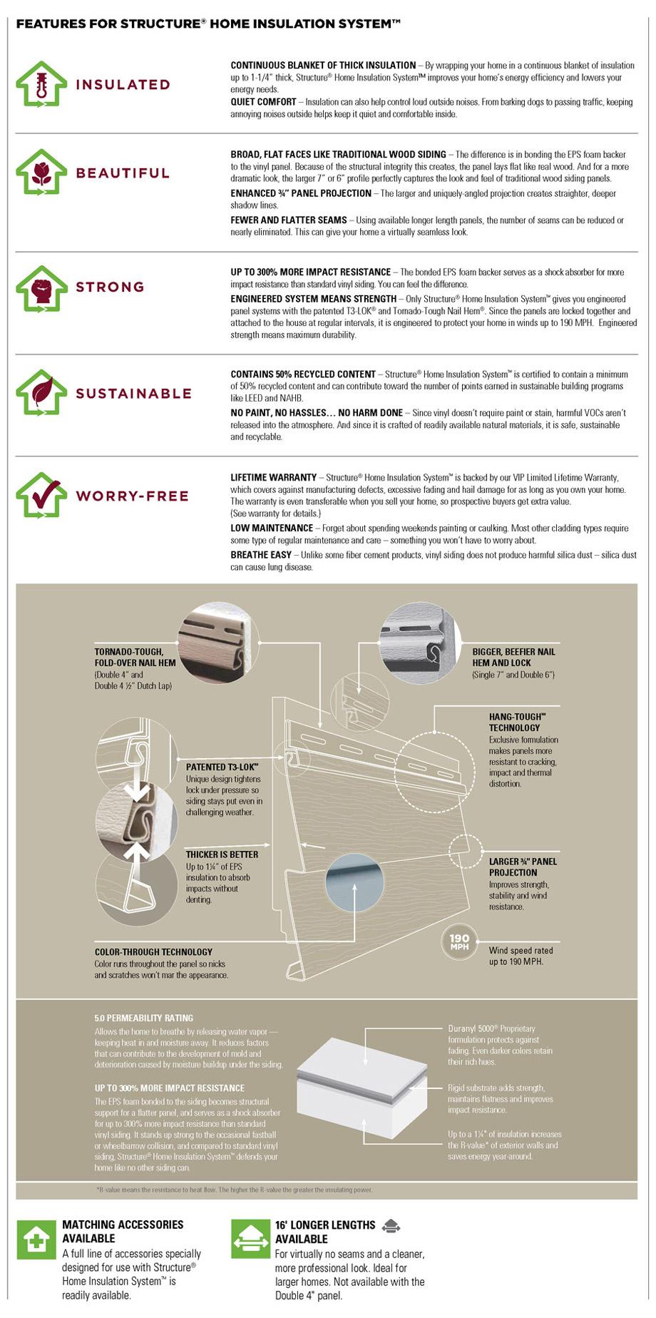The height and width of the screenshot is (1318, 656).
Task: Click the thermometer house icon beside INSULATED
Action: point(41,83)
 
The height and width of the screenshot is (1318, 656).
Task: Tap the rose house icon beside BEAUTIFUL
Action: point(41,172)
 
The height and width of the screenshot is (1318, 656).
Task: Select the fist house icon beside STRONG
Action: point(41,288)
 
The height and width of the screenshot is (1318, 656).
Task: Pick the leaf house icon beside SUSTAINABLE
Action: point(41,392)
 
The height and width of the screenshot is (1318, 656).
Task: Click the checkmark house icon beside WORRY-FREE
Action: point(41,494)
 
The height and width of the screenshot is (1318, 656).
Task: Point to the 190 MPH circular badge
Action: point(459,942)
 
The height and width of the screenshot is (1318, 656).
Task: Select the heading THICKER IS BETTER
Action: point(222,854)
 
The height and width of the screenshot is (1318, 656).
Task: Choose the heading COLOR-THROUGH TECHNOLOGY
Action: point(153,951)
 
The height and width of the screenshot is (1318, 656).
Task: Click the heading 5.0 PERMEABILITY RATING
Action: point(143,1018)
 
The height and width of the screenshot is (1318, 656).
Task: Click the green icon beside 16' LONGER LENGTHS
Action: point(250,1239)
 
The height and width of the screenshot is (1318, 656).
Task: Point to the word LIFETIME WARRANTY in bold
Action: point(273,477)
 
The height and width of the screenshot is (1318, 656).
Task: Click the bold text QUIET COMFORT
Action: point(263,102)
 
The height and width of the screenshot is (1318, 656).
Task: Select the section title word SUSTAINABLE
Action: point(133,393)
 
